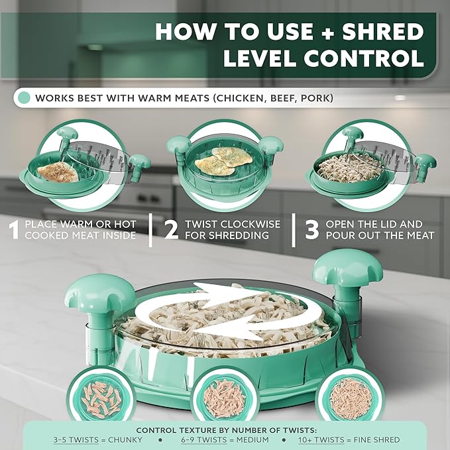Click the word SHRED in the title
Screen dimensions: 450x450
click(x=383, y=32)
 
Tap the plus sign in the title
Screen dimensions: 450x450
click(x=327, y=32)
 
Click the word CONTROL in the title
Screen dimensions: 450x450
click(x=365, y=58)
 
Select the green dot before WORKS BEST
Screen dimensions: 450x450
click(x=24, y=98)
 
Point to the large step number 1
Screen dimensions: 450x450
click(x=14, y=229)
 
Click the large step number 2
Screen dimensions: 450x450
click(x=172, y=229)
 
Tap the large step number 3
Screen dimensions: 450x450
click(x=312, y=229)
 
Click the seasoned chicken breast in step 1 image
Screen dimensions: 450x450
click(x=58, y=172)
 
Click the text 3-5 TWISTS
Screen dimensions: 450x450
click(x=76, y=439)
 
